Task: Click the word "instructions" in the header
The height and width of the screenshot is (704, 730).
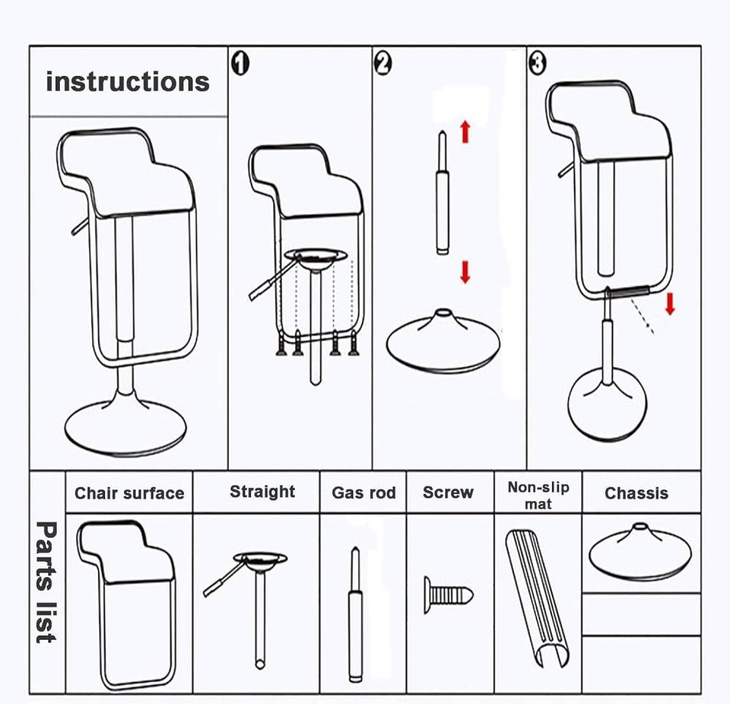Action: (128, 82)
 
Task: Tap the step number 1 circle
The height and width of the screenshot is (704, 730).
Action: (240, 64)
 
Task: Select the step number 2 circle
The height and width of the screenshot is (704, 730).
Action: (383, 64)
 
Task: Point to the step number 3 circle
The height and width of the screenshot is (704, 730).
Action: (537, 64)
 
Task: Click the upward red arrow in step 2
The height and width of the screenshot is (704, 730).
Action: (465, 132)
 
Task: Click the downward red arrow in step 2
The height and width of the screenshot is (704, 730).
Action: (465, 272)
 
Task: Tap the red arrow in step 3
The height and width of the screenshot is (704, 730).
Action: (669, 303)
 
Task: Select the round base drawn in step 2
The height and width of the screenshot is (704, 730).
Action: (443, 341)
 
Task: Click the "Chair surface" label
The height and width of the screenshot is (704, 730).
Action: (129, 493)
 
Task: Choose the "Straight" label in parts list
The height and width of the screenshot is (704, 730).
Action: (262, 492)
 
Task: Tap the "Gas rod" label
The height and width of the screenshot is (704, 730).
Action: (364, 493)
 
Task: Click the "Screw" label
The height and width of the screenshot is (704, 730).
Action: (448, 492)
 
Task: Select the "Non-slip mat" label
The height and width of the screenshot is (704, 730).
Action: (538, 495)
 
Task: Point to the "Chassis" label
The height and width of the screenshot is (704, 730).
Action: (637, 493)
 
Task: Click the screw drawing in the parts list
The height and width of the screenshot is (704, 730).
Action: (447, 594)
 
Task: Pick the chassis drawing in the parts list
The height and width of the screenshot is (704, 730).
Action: (640, 552)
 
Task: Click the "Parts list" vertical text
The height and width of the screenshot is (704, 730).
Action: (46, 581)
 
